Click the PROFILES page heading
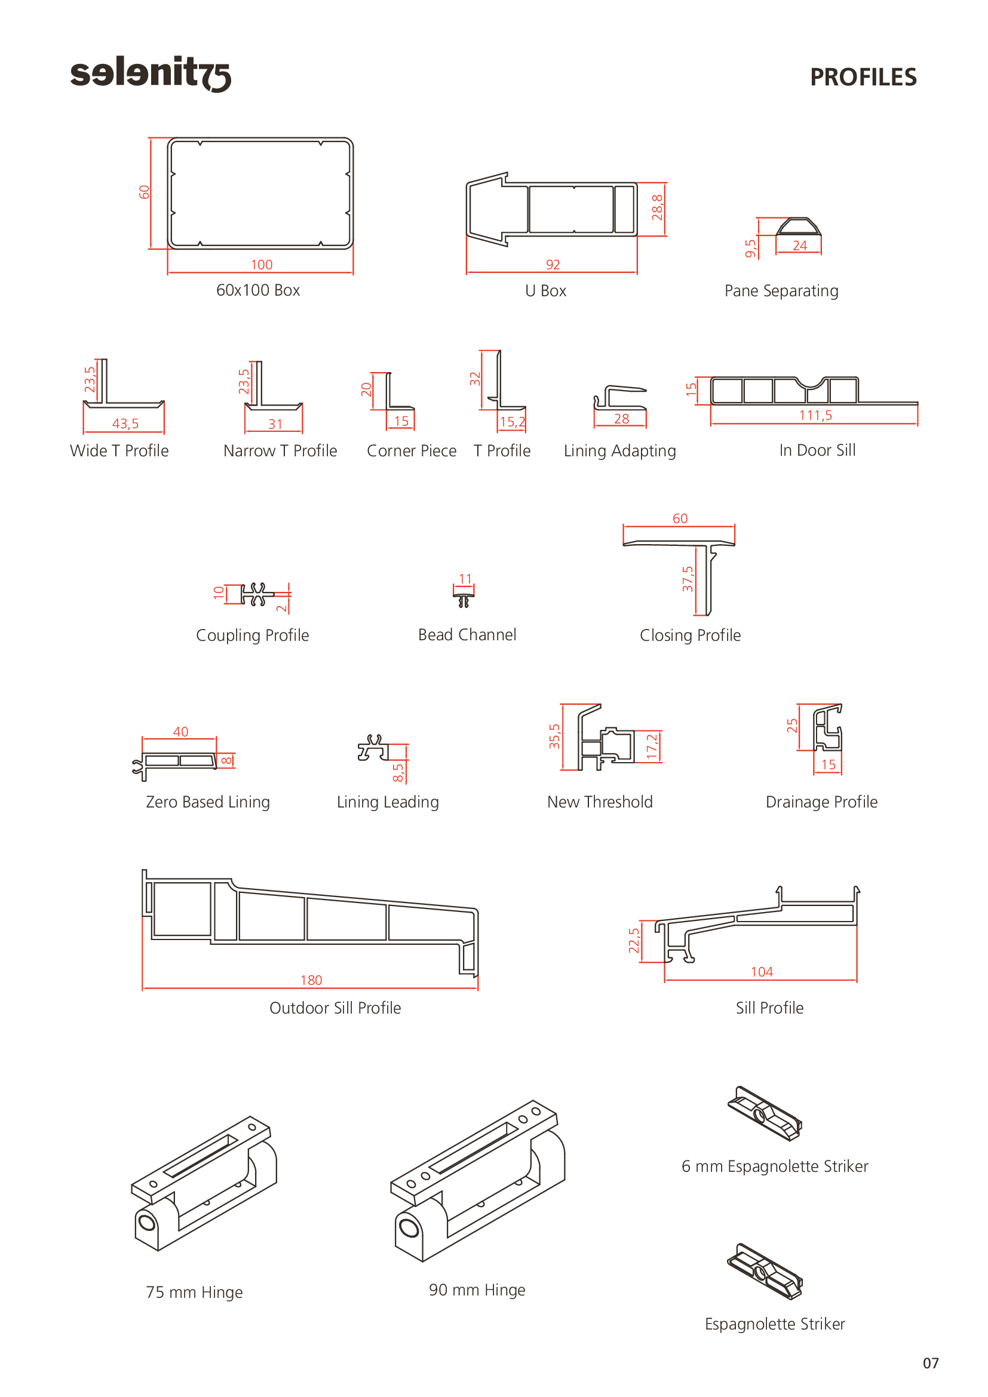tap(863, 77)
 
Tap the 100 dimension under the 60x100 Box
tap(262, 265)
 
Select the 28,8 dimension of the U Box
tap(657, 207)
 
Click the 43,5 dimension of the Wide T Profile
tap(125, 423)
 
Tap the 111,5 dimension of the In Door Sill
tap(815, 416)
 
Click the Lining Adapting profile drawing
tap(620, 398)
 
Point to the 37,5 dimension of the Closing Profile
tap(688, 579)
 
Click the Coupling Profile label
tap(253, 635)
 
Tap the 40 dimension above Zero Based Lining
tap(180, 732)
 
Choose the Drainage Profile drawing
tap(828, 727)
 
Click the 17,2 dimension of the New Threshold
tap(652, 747)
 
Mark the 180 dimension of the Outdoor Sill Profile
tap(311, 980)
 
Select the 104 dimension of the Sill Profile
tap(762, 972)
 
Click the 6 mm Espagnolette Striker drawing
tap(765, 1113)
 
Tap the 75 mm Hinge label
tap(194, 1292)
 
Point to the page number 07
tap(931, 1364)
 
